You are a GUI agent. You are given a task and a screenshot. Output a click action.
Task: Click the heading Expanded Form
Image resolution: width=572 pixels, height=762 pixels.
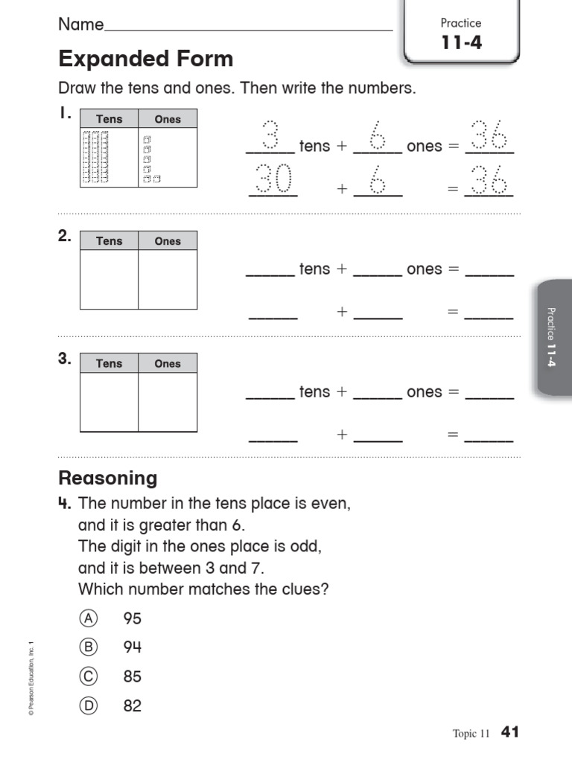pyautogui.click(x=146, y=59)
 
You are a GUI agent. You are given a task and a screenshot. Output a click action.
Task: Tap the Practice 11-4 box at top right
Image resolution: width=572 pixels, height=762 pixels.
pyautogui.click(x=461, y=33)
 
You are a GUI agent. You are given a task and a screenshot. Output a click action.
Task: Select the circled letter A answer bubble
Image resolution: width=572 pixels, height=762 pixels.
pyautogui.click(x=89, y=618)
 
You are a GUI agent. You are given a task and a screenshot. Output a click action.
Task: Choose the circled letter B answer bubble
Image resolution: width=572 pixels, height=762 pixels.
pyautogui.click(x=89, y=647)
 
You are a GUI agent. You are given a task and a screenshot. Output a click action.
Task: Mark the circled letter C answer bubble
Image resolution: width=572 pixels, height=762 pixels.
pyautogui.click(x=89, y=677)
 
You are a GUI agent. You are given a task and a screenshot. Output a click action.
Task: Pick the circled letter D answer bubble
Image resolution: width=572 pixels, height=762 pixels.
pyautogui.click(x=89, y=706)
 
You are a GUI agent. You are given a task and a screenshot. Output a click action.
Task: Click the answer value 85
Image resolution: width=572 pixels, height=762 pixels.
pyautogui.click(x=133, y=677)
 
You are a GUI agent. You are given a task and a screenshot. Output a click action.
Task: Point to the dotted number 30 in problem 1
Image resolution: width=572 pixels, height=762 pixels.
pyautogui.click(x=272, y=180)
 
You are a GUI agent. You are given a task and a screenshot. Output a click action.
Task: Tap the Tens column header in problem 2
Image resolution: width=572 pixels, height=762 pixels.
pyautogui.click(x=109, y=241)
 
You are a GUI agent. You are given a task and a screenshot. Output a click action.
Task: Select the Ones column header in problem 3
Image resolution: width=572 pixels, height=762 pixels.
pyautogui.click(x=168, y=364)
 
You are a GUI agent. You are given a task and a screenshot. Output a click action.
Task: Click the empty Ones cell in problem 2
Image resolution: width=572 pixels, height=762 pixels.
pyautogui.click(x=168, y=279)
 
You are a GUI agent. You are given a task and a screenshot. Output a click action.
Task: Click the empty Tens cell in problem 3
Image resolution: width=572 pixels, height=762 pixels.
pyautogui.click(x=109, y=402)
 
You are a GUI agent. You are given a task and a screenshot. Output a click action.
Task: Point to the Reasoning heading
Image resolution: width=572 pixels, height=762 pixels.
pyautogui.click(x=108, y=478)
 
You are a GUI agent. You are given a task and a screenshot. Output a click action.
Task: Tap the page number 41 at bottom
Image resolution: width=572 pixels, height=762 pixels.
pyautogui.click(x=509, y=732)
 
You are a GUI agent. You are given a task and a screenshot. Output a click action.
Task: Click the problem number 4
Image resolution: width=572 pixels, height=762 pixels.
pyautogui.click(x=64, y=504)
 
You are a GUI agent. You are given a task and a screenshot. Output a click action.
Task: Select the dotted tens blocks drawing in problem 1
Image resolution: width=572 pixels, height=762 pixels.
pyautogui.click(x=95, y=157)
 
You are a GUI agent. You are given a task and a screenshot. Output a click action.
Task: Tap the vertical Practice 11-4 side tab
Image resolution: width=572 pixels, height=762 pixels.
pyautogui.click(x=550, y=337)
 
